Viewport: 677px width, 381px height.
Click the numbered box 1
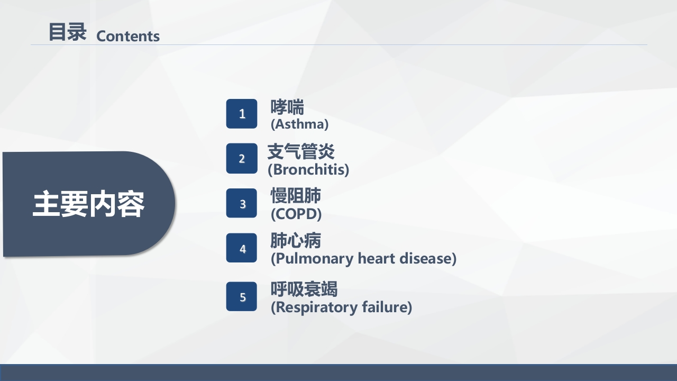pos(242,114)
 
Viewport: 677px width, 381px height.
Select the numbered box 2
pos(242,158)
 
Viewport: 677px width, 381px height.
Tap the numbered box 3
pos(242,203)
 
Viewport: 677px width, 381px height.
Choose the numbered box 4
pos(242,248)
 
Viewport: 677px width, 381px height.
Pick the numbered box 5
pos(242,296)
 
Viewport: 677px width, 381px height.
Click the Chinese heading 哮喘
pos(287,107)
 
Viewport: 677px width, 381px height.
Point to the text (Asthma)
pos(299,124)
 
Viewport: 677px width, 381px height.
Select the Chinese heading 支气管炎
pos(301,152)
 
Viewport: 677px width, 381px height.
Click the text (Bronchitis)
pos(308,170)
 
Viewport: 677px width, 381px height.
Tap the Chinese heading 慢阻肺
pos(296,196)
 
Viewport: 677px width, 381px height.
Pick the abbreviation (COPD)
pos(296,214)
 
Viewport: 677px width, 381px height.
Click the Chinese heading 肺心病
pos(296,241)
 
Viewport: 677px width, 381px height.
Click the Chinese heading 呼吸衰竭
pos(304,289)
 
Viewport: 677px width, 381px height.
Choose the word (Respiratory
pos(315,307)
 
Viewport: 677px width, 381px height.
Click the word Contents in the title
pos(128,36)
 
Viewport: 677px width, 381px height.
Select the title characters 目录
pos(67,32)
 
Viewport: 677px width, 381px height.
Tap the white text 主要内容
pos(88,204)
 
